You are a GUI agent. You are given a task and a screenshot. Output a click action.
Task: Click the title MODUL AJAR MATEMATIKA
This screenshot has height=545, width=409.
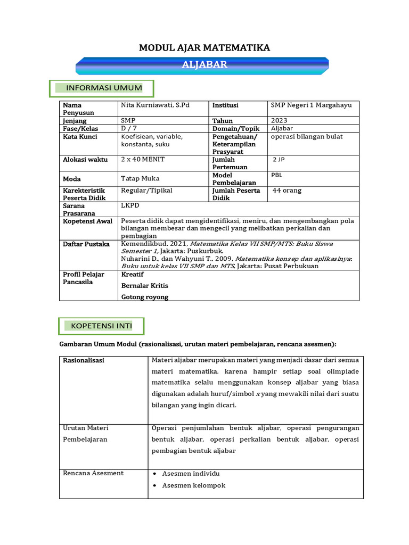tap(204, 48)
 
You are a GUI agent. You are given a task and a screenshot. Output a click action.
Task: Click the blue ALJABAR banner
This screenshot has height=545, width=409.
tap(204, 65)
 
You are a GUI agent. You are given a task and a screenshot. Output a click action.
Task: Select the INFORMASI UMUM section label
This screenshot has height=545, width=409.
tap(104, 88)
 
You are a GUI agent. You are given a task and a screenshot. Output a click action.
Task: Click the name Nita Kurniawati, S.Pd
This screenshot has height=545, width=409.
tap(156, 105)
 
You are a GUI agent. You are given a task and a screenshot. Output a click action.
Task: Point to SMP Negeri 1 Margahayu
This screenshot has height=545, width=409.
tap(311, 105)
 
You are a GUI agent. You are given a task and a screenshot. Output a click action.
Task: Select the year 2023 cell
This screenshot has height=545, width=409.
tap(279, 121)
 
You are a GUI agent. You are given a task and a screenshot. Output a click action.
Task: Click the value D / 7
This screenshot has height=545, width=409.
tap(129, 128)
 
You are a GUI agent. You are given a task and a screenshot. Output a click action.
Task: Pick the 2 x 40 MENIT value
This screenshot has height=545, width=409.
tap(143, 159)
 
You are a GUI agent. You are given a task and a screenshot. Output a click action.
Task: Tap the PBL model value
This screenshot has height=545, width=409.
tap(277, 175)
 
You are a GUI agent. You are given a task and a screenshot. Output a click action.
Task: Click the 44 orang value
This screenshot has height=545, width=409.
tap(287, 191)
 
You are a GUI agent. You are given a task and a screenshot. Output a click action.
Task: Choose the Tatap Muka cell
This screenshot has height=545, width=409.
tap(140, 178)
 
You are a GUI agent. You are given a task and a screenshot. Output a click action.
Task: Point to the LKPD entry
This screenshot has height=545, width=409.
tap(130, 205)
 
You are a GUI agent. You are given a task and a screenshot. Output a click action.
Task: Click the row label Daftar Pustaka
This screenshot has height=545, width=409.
tap(86, 244)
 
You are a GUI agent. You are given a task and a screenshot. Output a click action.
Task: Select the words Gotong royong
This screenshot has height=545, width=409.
tap(145, 297)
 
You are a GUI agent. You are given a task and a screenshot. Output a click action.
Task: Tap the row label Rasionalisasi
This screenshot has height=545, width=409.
tap(84, 360)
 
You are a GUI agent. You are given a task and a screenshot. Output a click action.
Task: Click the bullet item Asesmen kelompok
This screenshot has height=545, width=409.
tap(193, 485)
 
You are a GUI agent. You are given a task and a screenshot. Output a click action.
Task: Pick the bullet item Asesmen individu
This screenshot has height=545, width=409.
tap(191, 474)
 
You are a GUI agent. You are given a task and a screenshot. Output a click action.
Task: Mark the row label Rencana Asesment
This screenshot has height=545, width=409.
tap(93, 473)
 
